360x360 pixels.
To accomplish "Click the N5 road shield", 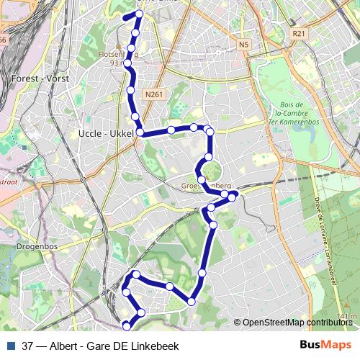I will [x=243, y=45].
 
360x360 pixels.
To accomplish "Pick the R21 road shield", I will [x=299, y=34].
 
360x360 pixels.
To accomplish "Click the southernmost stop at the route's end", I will [x=126, y=324].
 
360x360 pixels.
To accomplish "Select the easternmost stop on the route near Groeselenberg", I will [x=233, y=194].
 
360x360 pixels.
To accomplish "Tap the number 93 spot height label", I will [x=114, y=63].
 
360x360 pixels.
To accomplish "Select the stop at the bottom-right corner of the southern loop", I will [x=192, y=301].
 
